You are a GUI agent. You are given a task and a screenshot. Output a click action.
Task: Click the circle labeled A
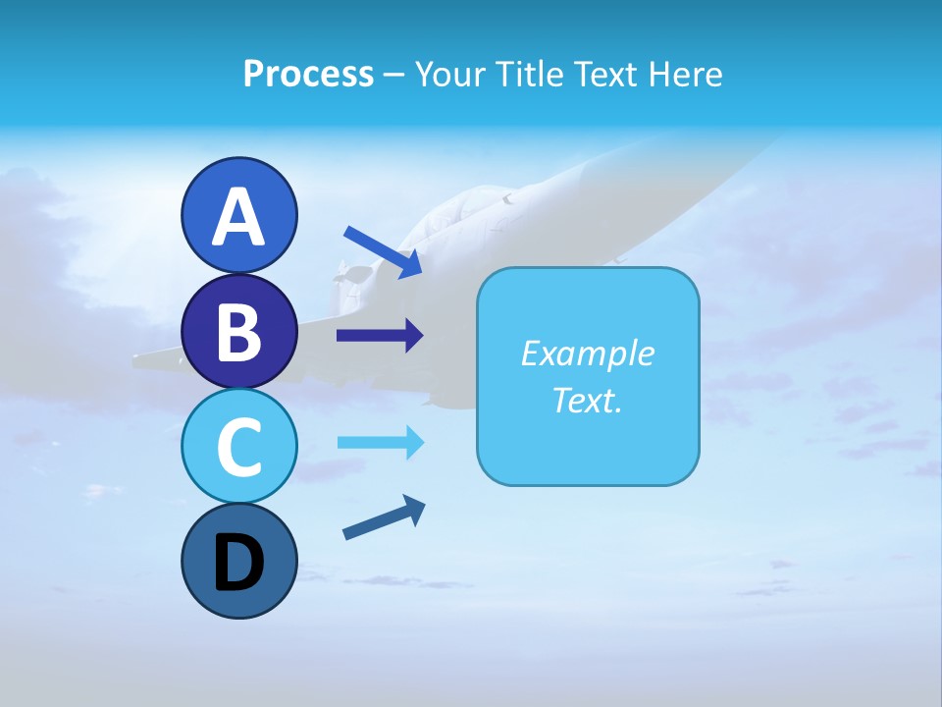[238, 215]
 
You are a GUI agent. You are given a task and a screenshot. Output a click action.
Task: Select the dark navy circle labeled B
[238, 332]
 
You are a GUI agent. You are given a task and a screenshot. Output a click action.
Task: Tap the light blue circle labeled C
[238, 447]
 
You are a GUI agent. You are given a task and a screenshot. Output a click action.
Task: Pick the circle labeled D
[238, 562]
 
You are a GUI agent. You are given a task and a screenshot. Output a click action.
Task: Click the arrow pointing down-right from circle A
[383, 250]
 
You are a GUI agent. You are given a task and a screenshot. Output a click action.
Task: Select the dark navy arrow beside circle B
[380, 336]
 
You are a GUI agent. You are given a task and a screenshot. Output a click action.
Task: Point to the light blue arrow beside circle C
[380, 443]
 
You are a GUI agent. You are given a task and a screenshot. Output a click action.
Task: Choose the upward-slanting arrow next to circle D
[384, 518]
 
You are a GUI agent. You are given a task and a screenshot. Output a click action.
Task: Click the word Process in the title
[308, 75]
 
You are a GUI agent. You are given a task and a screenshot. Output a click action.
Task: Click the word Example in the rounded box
[587, 353]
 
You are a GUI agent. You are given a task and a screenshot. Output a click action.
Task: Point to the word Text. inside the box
[587, 401]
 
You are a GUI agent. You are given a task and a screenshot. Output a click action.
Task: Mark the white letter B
[238, 332]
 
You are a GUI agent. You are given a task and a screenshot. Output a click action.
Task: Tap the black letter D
[238, 563]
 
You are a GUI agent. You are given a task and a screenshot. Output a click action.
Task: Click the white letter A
[238, 216]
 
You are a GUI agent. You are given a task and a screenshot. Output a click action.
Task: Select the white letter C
[238, 447]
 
